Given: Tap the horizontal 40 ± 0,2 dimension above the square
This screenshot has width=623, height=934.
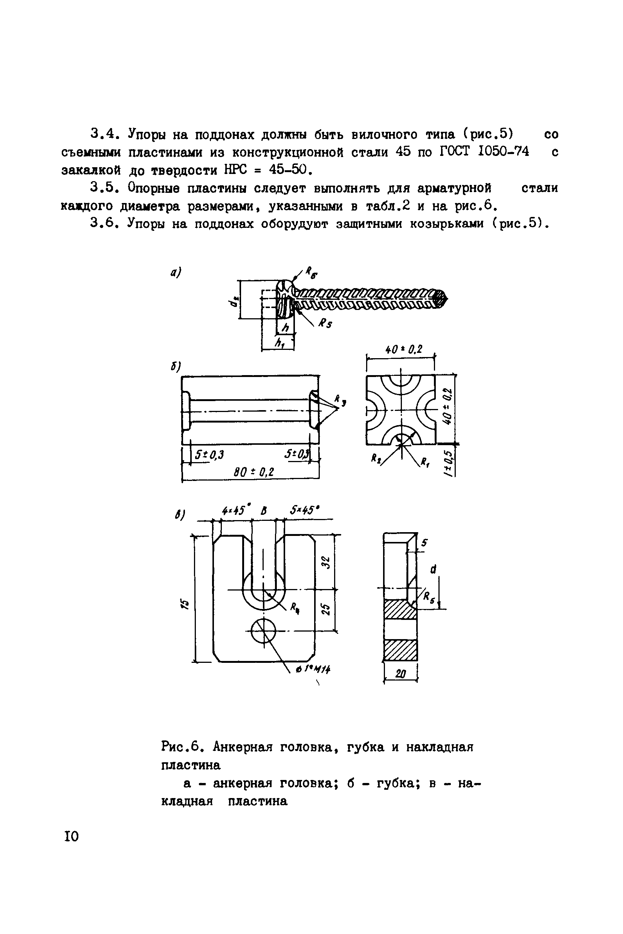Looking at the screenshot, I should coord(404,349).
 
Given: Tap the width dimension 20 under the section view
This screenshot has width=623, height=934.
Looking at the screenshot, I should coord(400,673).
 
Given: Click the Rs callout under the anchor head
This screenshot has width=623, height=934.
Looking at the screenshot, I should coord(325,324).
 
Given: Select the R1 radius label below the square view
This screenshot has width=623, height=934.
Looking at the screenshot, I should coord(425,462).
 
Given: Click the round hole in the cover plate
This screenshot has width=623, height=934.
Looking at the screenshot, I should coord(263,630).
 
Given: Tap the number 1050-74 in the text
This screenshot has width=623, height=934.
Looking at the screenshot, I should coord(504,152).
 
